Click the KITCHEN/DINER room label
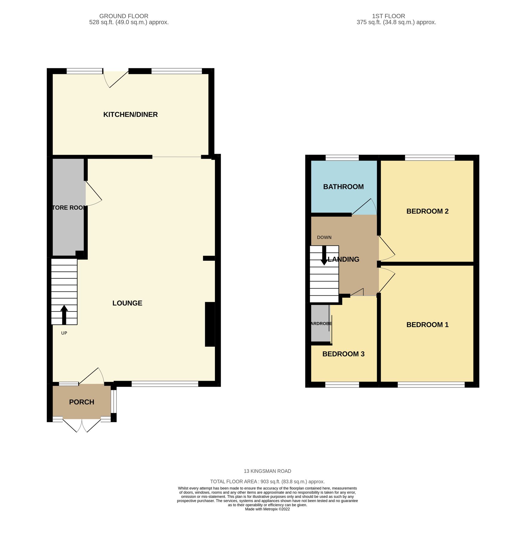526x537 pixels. [x=130, y=115]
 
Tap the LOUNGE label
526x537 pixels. [x=127, y=303]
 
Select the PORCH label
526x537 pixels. [x=81, y=402]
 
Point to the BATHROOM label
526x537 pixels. [x=343, y=187]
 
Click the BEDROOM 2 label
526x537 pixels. [x=427, y=211]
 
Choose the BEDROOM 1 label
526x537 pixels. [x=427, y=325]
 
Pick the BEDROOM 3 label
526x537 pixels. [x=343, y=354]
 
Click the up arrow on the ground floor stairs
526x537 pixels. [x=64, y=314]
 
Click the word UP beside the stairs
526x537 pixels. [x=64, y=333]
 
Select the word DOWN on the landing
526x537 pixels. [x=324, y=237]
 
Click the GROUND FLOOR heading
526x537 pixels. [x=124, y=16]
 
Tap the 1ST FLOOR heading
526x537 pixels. [x=388, y=16]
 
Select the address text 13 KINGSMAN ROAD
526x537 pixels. [x=267, y=471]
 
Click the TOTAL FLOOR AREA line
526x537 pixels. [x=267, y=482]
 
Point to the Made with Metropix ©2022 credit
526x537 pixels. [x=267, y=509]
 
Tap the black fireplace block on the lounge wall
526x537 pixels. [x=210, y=325]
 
